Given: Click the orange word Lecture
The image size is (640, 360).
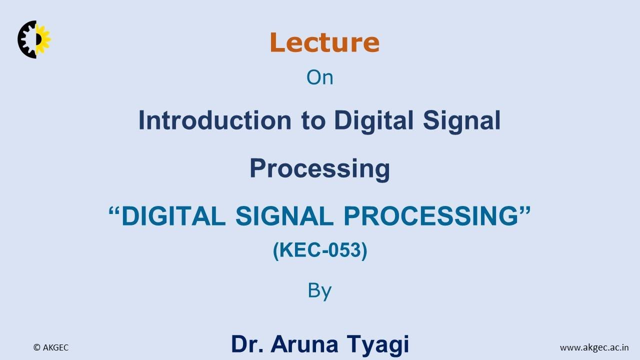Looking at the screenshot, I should pyautogui.click(x=324, y=42).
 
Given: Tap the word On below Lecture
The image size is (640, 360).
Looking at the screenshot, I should pyautogui.click(x=319, y=77).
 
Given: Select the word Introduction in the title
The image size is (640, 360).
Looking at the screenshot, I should pyautogui.click(x=214, y=120).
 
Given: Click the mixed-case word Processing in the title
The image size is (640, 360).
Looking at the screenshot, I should pyautogui.click(x=319, y=168).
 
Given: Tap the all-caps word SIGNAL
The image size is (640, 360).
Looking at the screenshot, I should pyautogui.click(x=284, y=216).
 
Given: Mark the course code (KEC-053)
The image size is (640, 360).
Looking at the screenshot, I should pyautogui.click(x=320, y=250).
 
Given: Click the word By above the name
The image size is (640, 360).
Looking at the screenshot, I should pyautogui.click(x=319, y=290).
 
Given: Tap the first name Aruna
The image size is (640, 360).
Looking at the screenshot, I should pyautogui.click(x=306, y=344).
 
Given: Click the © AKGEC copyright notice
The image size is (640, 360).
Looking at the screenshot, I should pyautogui.click(x=51, y=347).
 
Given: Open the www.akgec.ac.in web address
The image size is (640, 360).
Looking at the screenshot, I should pyautogui.click(x=594, y=347).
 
